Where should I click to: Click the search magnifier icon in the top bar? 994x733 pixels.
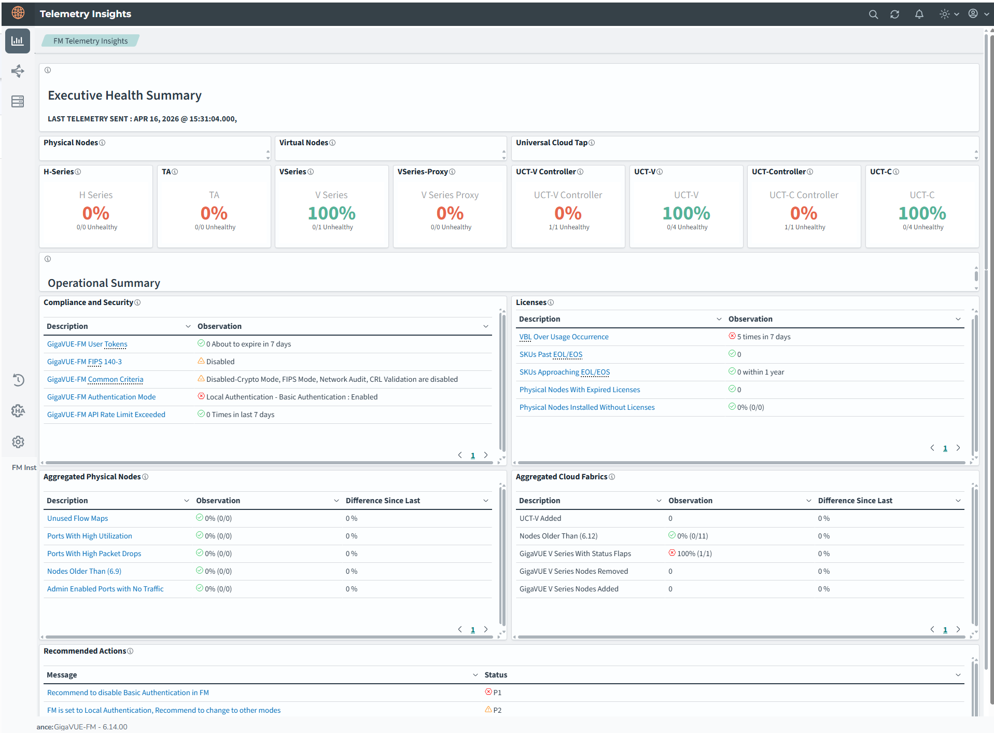(x=873, y=15)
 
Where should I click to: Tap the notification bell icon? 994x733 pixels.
(x=919, y=15)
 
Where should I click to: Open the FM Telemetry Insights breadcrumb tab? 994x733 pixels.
(x=90, y=41)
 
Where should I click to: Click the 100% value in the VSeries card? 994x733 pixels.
(x=332, y=213)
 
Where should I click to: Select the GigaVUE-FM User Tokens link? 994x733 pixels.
(x=87, y=344)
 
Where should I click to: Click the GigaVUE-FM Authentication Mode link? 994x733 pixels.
(x=101, y=397)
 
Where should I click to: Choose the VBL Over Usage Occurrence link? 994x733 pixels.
(x=564, y=337)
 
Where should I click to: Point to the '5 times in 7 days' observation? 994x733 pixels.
(x=764, y=337)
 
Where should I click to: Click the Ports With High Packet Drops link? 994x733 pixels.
(x=94, y=554)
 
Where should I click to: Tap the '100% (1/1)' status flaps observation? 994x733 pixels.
(x=694, y=554)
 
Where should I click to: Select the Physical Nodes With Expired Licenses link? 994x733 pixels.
(x=580, y=390)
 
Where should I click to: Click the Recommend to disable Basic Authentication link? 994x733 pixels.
(x=128, y=693)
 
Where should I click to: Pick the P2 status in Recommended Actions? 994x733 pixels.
(x=497, y=710)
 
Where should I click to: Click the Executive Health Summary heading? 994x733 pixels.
(x=124, y=95)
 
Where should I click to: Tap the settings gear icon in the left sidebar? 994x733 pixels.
(x=18, y=442)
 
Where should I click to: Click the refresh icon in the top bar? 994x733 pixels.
(x=894, y=15)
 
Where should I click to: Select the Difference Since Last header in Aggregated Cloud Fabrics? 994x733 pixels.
(x=855, y=501)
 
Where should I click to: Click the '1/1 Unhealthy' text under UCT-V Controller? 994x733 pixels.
(x=569, y=227)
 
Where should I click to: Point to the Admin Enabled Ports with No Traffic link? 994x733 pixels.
(x=105, y=589)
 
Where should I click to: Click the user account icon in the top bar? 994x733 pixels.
(x=973, y=14)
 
